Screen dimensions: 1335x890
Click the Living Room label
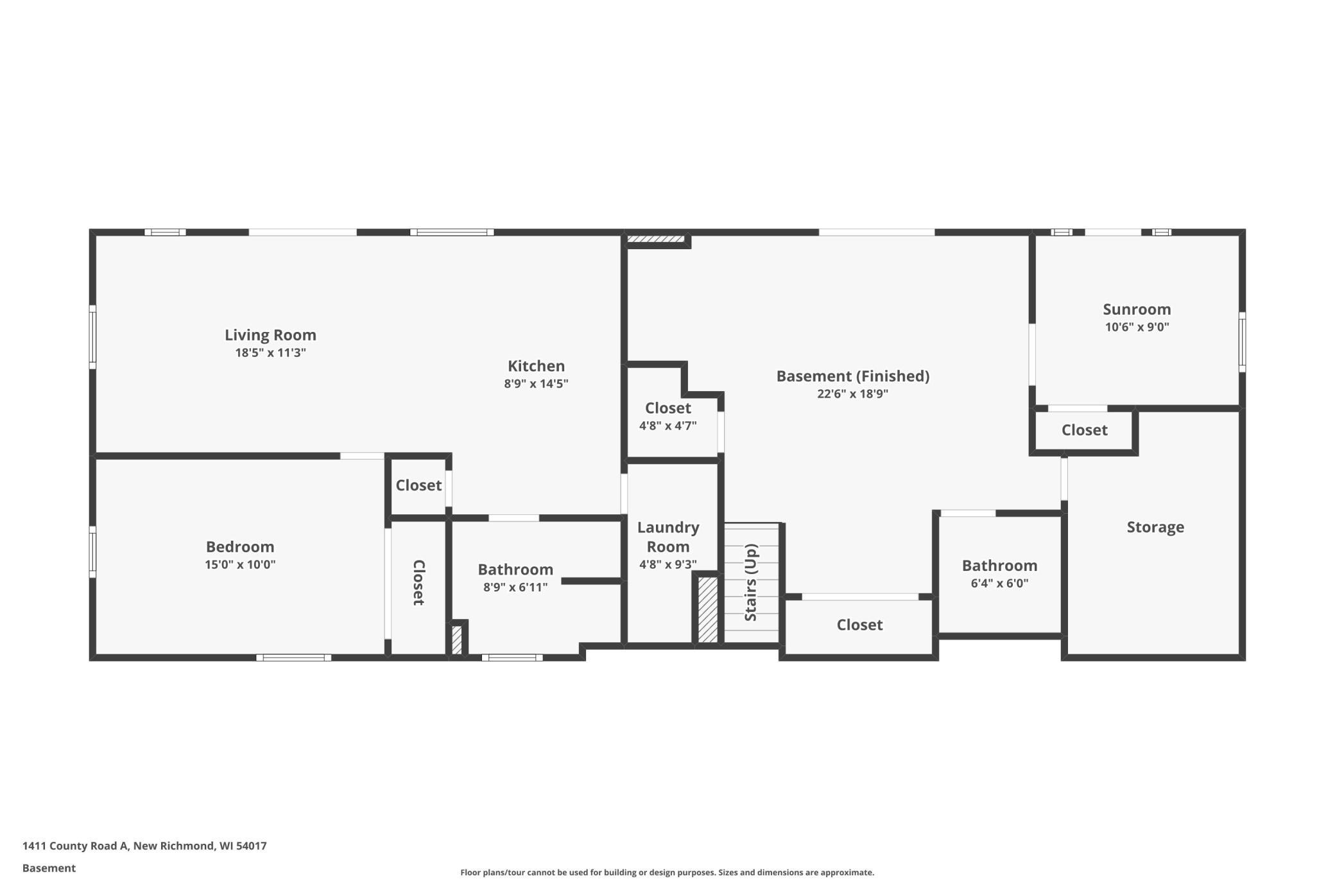pos(270,335)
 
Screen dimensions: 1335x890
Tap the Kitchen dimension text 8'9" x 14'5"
pos(536,383)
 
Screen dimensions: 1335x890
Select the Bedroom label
pos(240,546)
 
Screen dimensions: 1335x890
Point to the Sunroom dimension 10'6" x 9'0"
pos(1137,326)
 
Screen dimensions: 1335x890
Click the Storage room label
pos(1155,527)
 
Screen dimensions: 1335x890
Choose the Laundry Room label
pos(668,537)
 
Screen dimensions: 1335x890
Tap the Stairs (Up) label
pos(751,582)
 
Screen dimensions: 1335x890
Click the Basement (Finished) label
pos(853,376)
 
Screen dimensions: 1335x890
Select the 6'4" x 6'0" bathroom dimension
pos(999,583)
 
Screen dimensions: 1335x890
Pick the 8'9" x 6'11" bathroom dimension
pos(515,587)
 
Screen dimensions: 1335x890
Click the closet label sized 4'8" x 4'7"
pos(668,408)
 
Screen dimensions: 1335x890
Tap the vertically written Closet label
pos(418,582)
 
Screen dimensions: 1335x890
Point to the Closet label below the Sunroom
pos(1085,430)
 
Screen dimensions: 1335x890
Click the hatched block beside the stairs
pos(708,609)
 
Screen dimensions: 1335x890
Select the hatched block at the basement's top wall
pos(655,240)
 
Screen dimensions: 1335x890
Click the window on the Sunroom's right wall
pos(1242,342)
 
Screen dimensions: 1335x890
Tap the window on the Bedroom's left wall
pos(92,552)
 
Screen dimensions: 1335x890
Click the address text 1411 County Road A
pos(75,846)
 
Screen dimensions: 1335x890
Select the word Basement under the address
pos(49,868)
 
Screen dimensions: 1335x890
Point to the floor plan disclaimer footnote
pos(667,872)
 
